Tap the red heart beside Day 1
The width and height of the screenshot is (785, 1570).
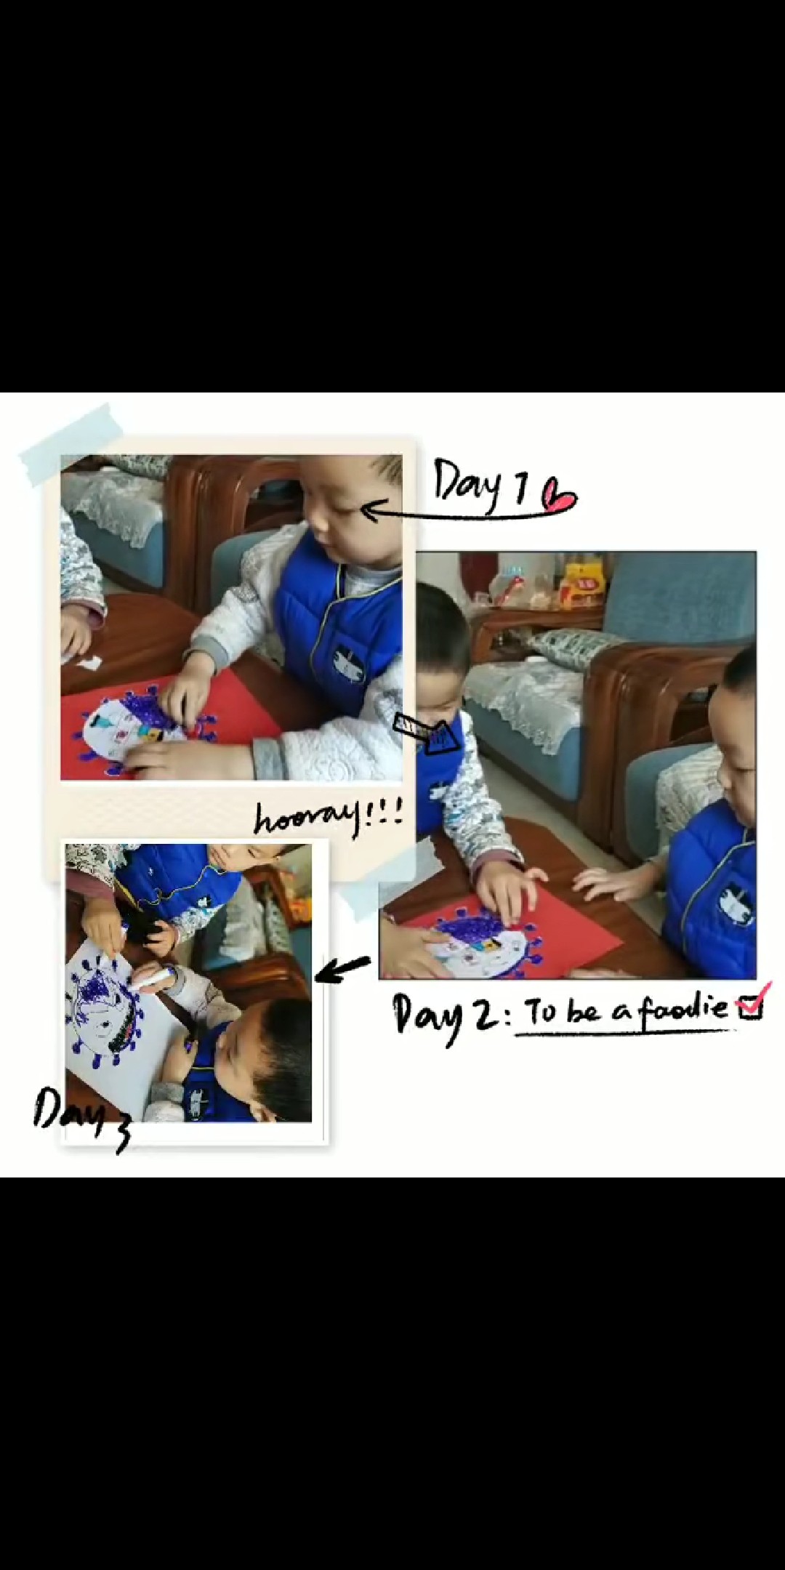[560, 498]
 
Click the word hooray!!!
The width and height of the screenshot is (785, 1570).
[328, 819]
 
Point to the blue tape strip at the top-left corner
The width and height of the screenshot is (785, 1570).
[72, 444]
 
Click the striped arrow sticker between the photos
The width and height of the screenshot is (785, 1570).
[428, 734]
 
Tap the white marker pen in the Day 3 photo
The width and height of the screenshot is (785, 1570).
[157, 978]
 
